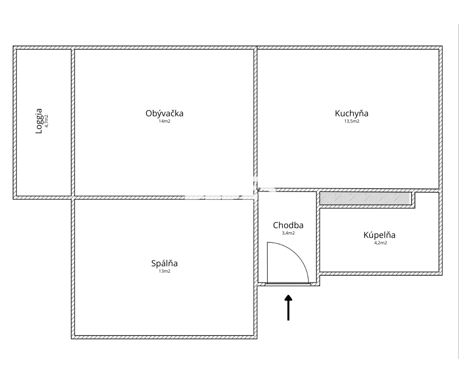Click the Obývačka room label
(165, 114)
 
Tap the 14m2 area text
(165, 121)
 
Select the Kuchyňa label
(352, 114)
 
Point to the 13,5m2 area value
(352, 121)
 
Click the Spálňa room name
(165, 263)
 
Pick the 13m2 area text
(165, 271)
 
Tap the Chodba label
(288, 225)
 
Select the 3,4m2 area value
(288, 233)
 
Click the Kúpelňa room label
(379, 235)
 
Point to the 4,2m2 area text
(380, 243)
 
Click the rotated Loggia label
(39, 121)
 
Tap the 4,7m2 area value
(46, 121)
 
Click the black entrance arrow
(288, 307)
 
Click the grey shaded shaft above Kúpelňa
(366, 199)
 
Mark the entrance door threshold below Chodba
(288, 284)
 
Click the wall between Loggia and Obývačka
(73, 123)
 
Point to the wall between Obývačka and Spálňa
(164, 198)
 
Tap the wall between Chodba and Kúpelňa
(318, 237)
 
